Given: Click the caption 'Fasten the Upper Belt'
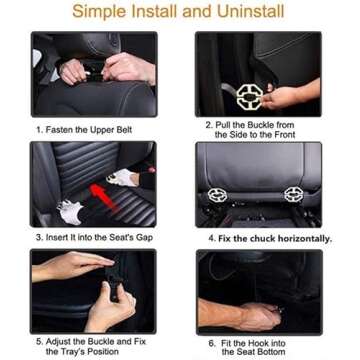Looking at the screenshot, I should pyautogui.click(x=85, y=129).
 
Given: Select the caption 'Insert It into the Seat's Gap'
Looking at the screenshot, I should pyautogui.click(x=92, y=238).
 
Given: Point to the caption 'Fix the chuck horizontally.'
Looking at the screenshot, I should pyautogui.click(x=270, y=239).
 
